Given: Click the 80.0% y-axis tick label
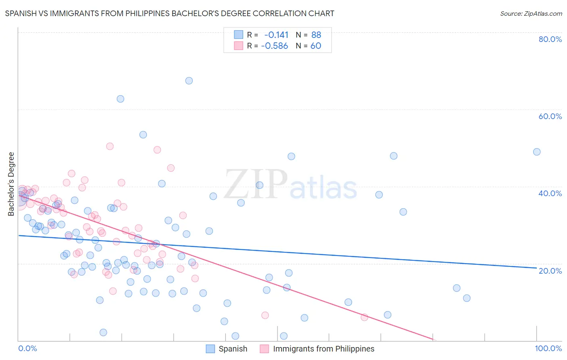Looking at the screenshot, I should pos(550,39).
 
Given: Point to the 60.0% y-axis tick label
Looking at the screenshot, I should pos(550,116).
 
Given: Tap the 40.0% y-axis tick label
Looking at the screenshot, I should pos(550,193).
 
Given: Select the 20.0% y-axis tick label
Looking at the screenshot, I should pos(550,270).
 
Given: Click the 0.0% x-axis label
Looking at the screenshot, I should pos(27,348).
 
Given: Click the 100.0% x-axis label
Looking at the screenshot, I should pos(548,348).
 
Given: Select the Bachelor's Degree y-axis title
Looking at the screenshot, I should pos(11,184).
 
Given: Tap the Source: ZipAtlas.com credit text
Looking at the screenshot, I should pos(531,13).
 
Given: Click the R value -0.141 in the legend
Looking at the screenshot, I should pos(276,35).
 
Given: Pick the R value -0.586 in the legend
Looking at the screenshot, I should pos(275,46).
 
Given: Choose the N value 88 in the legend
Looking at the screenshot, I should pos(316,35).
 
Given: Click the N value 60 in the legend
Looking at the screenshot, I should pos(316,46).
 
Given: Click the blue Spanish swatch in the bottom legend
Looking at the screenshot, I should pos(210,349).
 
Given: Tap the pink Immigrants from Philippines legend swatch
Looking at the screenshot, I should pos(264,349).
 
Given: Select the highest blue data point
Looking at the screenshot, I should pos(189,81).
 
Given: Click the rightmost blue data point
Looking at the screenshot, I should pos(537,152).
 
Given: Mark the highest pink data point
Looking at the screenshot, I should pos(110,147).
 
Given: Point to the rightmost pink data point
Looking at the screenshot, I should pos(365,317).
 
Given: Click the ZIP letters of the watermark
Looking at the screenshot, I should pos(256,184).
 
